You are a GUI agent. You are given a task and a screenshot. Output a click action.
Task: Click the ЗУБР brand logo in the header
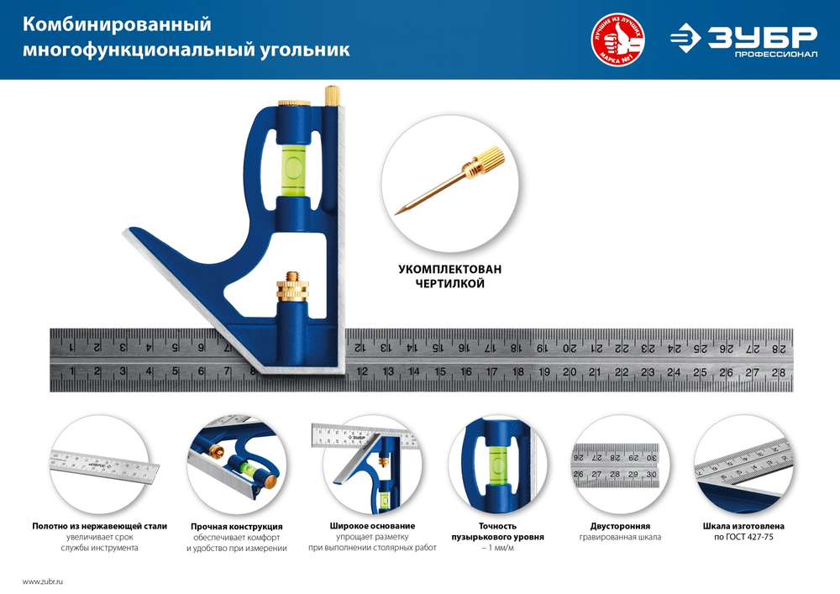743,39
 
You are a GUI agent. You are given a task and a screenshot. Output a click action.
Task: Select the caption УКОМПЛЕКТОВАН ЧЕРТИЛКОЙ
449,276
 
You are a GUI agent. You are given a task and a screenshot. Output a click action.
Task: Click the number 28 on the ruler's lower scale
780,372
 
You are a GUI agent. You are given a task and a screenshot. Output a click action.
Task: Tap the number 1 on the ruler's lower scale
73,372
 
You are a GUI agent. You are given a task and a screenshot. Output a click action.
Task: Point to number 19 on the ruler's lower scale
543,372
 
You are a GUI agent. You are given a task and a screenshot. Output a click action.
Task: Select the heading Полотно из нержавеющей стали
99,526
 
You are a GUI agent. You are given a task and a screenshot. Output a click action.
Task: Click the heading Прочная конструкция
236,526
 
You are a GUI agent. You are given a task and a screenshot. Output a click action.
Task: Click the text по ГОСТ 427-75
743,536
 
